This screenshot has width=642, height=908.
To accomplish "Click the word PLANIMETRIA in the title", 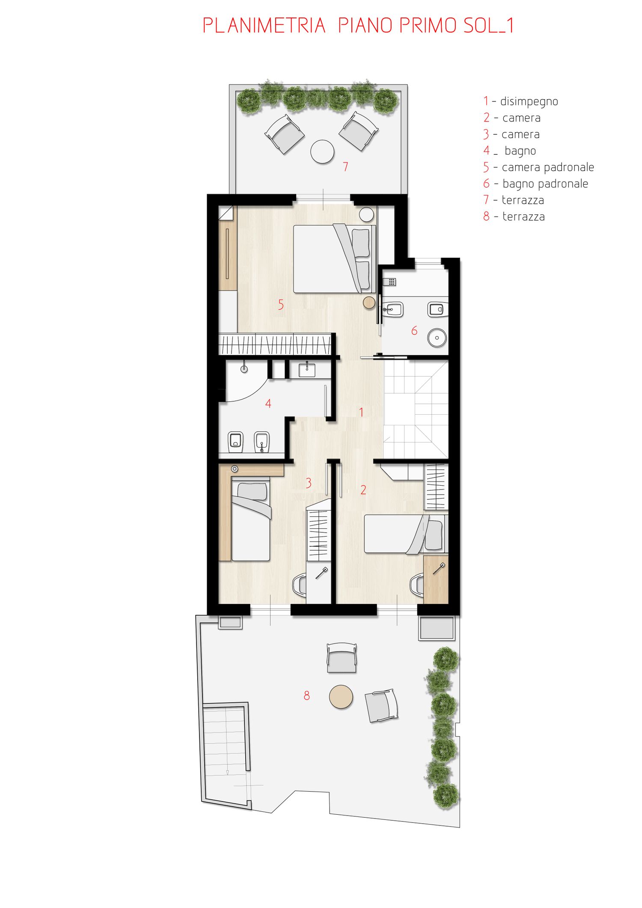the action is point(264,26).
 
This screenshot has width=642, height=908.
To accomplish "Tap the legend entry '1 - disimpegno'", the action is point(521,101).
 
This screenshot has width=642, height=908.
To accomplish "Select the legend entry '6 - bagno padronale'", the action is point(536,184).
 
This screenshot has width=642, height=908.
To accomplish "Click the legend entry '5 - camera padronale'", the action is point(539,167).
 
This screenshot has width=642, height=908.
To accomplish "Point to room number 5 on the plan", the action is point(281,305).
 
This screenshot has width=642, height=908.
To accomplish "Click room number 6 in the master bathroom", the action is point(414,330).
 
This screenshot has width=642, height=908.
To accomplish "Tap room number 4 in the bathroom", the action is point(268,404).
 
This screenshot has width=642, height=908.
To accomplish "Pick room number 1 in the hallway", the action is point(361,412).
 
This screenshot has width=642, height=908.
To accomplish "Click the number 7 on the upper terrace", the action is point(345,166).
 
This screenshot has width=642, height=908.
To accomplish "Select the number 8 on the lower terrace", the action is point(306,696).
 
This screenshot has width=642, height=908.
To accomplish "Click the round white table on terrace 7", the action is point(322,152).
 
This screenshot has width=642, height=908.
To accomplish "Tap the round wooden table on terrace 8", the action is point(341,697).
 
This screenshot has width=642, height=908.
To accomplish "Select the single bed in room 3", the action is point(251,521).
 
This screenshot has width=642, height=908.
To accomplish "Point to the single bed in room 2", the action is point(404,534).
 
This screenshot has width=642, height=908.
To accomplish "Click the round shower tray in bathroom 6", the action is point(437,338).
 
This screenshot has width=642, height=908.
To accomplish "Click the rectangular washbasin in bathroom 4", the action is point(307,370).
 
